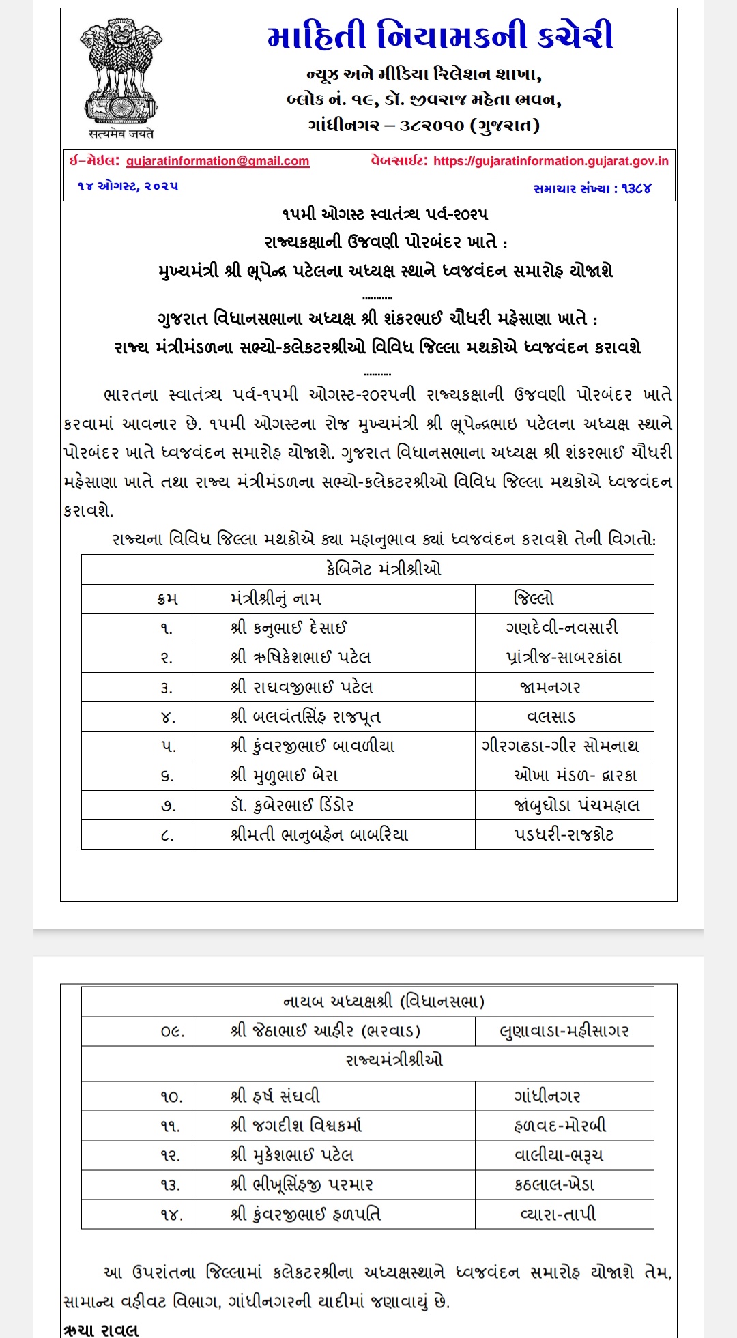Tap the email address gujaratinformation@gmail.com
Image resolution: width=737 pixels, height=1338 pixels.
[218, 161]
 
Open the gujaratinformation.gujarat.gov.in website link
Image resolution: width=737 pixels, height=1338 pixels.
[551, 161]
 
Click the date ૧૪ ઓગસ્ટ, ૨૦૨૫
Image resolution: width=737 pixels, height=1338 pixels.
[128, 186]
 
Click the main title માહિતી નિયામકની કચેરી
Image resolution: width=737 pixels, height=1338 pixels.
[440, 37]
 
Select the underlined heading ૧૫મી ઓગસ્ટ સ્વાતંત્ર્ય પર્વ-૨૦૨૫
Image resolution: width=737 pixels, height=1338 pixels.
[385, 214]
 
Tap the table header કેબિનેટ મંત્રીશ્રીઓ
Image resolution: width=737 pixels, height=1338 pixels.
[384, 568]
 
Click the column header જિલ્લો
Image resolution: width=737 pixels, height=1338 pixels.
[534, 598]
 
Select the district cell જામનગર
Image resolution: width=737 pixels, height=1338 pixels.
[550, 687]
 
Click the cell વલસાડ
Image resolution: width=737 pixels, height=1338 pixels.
[551, 716]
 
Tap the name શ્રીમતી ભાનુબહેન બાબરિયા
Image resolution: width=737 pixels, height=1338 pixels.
[319, 834]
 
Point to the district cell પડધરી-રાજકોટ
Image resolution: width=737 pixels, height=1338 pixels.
[564, 834]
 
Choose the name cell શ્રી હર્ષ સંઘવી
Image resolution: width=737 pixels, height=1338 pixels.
[275, 1096]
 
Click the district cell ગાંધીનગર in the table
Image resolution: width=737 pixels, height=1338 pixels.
[547, 1096]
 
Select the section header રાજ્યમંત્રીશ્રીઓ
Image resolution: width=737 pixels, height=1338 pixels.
[394, 1060]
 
